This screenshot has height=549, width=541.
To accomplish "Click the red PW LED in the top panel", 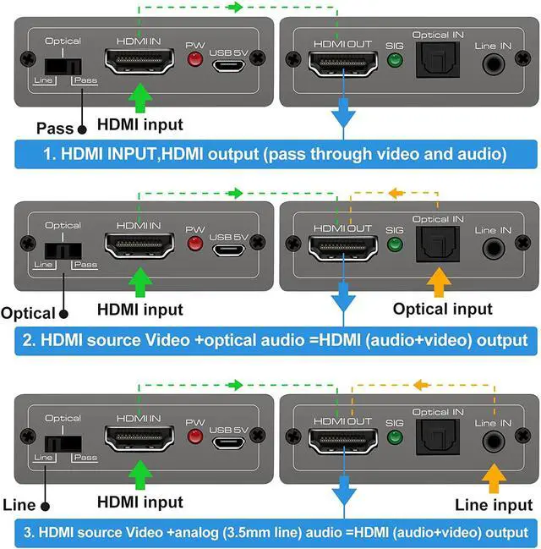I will (x=195, y=59).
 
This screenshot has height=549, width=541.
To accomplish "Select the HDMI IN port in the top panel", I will (x=138, y=61).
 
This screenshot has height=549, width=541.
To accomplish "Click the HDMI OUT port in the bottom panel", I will (x=342, y=439).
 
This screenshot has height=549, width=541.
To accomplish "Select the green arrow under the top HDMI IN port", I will (x=139, y=98).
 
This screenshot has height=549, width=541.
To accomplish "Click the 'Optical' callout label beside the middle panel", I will (x=28, y=313).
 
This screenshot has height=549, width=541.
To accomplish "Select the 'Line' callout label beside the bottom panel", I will (x=19, y=505).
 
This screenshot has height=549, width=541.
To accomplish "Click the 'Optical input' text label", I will (x=443, y=309).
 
